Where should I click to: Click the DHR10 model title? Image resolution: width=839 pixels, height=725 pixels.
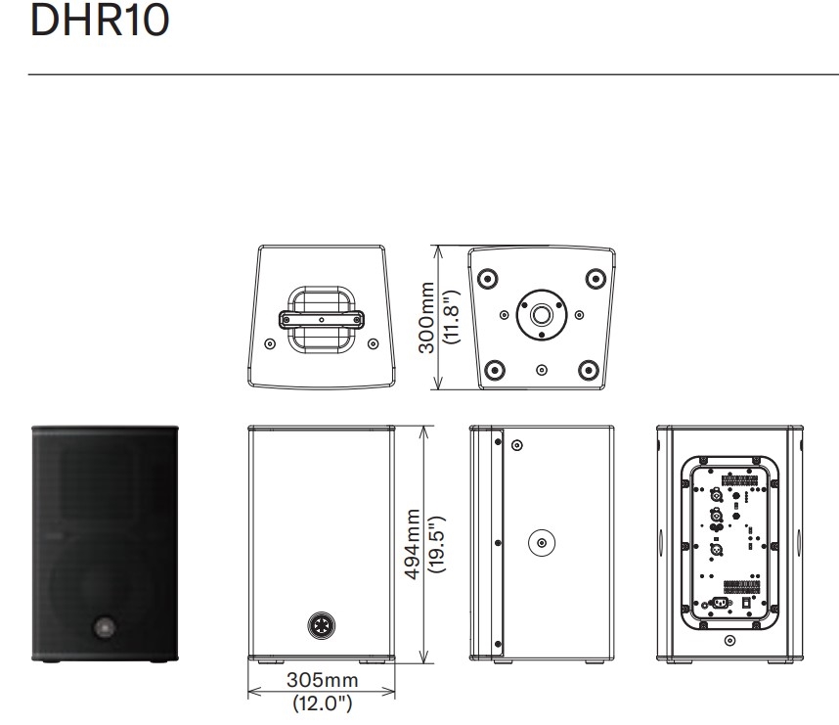100,22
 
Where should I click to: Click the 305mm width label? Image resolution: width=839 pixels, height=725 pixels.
322,680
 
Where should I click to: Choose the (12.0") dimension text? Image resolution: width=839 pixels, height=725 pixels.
322,702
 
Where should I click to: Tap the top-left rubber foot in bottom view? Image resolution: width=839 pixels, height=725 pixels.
487,278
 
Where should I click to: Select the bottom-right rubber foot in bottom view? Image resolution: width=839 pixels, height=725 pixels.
588,369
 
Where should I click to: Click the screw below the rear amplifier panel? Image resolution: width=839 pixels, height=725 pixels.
729,641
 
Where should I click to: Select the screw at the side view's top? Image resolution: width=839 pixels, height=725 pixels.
516,446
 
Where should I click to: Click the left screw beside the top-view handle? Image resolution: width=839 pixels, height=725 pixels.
271,343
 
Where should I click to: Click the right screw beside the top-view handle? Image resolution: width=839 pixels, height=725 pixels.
372,343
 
